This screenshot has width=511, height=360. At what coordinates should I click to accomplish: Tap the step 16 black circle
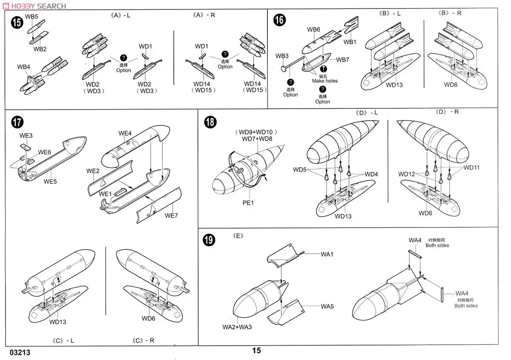(279, 20)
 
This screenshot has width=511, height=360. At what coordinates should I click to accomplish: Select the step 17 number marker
(17, 122)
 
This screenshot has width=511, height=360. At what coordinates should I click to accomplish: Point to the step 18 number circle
(210, 122)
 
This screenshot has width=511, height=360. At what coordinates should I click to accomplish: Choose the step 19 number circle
(209, 240)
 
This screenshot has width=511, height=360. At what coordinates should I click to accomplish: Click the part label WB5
(32, 17)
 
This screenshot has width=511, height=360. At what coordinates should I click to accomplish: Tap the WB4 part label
(24, 67)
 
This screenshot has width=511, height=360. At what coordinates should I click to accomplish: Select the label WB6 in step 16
(313, 29)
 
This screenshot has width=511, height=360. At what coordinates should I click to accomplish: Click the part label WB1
(350, 42)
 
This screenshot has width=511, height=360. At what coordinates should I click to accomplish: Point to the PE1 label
(248, 203)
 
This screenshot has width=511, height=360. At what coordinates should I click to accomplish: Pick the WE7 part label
(171, 216)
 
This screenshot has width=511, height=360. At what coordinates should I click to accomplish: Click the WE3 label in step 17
(26, 135)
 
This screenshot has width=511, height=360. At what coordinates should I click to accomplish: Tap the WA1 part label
(327, 254)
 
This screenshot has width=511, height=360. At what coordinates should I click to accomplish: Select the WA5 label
(327, 306)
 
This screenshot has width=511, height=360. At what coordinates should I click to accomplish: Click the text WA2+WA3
(237, 327)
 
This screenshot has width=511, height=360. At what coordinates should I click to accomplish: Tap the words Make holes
(324, 81)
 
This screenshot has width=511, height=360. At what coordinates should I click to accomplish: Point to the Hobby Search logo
(34, 6)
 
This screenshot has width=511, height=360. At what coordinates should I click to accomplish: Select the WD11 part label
(471, 167)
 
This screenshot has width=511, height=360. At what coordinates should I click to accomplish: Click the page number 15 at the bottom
(256, 351)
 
